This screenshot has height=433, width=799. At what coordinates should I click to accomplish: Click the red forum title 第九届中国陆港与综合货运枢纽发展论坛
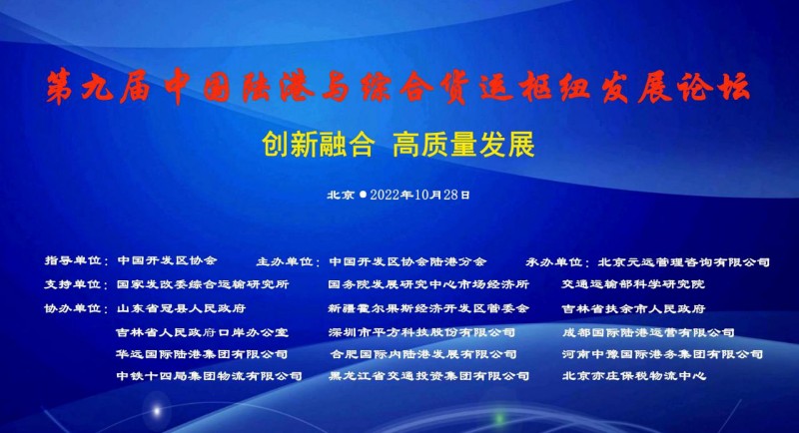click(x=398, y=87)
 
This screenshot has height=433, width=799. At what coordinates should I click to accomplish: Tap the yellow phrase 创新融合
click(x=319, y=144)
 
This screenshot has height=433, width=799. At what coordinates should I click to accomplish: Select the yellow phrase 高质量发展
click(x=463, y=144)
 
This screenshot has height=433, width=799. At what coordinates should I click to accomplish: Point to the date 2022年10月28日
click(x=419, y=195)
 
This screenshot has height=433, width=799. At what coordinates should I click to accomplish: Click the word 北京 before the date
click(x=341, y=195)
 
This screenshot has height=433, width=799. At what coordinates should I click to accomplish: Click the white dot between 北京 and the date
click(x=363, y=195)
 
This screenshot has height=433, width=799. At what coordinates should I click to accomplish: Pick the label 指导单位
click(x=73, y=260)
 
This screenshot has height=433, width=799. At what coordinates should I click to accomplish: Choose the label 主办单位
click(x=285, y=261)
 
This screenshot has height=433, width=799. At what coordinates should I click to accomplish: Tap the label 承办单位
click(x=554, y=262)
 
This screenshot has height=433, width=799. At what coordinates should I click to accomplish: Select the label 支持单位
click(x=72, y=284)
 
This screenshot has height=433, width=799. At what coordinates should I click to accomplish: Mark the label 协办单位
click(x=72, y=308)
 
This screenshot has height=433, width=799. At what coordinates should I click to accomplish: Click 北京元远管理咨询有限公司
click(x=684, y=262)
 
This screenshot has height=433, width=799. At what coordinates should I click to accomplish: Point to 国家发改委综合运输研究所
click(x=203, y=284)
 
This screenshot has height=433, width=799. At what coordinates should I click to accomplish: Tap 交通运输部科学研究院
click(x=633, y=284)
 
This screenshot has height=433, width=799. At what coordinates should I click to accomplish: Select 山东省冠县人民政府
click(x=182, y=308)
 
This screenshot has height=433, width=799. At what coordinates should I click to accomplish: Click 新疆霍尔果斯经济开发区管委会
click(x=429, y=308)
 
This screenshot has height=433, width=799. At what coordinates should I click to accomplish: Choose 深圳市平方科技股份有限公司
click(x=421, y=332)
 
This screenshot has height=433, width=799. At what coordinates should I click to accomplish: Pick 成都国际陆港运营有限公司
click(x=648, y=332)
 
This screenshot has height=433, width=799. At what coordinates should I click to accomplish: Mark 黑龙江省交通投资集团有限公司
click(x=429, y=376)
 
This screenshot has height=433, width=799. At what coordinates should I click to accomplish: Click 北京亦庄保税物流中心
click(x=634, y=376)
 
